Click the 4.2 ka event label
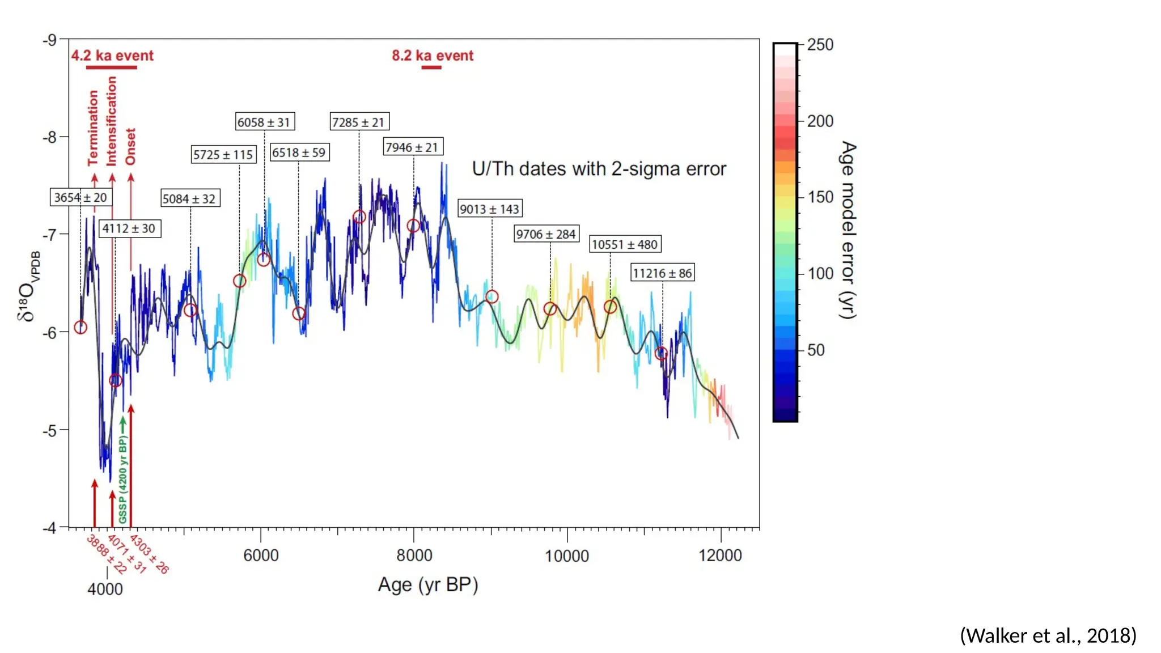[112, 56]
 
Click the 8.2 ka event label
[433, 56]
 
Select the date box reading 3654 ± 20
[80, 197]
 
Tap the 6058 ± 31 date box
[264, 122]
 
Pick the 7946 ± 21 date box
[412, 147]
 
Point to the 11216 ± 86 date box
[662, 273]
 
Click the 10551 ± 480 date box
[625, 244]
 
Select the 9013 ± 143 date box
[489, 209]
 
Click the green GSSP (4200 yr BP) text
[123, 479]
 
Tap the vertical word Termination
[94, 128]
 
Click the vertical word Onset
[131, 146]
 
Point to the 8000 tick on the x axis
[414, 555]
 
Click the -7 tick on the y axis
[50, 234]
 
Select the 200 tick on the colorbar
[820, 121]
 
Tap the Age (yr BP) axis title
[428, 584]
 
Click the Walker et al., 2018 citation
[1048, 635]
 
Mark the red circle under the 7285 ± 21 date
[359, 217]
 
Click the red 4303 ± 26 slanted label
[150, 554]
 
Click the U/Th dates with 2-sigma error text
[599, 169]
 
